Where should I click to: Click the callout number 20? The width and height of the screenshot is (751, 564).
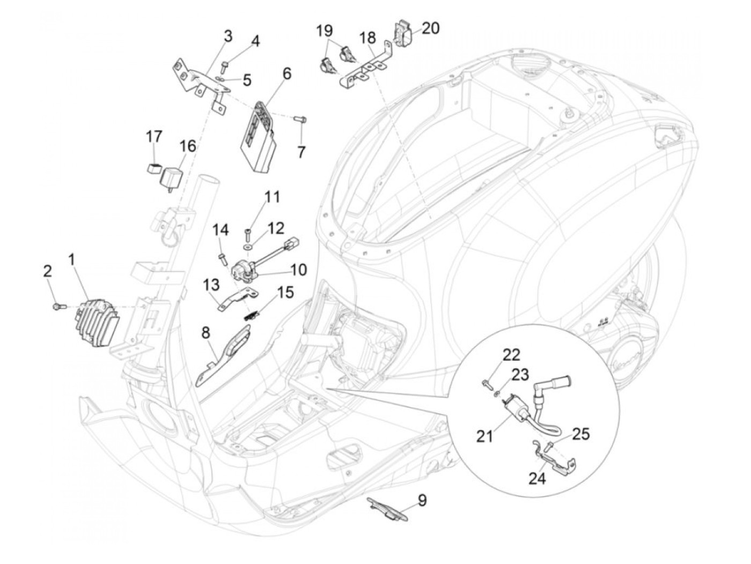pos(430,29)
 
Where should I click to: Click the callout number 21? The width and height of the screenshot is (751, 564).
pos(485,436)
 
